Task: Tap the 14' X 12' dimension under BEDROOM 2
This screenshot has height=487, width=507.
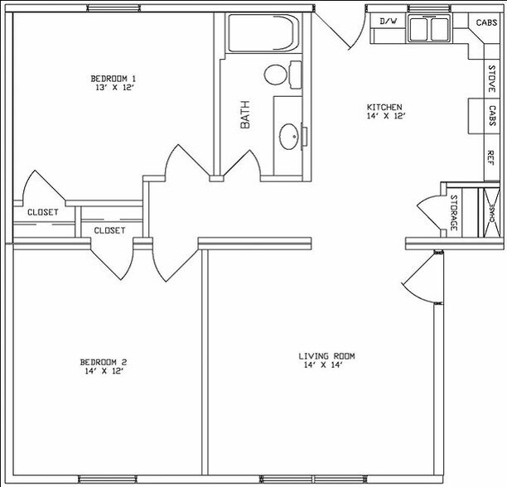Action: [x=103, y=372]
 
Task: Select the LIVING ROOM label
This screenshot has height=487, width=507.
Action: [x=326, y=356]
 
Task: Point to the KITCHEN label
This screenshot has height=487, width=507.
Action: [x=385, y=107]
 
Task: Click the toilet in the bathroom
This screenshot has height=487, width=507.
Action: [x=276, y=74]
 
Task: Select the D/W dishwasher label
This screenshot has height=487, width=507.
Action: [x=388, y=21]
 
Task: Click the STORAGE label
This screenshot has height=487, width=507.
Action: [x=454, y=212]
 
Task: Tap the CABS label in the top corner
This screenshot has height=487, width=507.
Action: [x=487, y=22]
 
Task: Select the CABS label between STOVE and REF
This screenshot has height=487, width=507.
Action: [x=491, y=118]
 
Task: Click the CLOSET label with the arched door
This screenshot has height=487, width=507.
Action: [x=42, y=212]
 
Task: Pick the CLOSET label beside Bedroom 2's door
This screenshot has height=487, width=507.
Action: [x=109, y=230]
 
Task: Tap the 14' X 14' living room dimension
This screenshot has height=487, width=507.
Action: [x=326, y=366]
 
